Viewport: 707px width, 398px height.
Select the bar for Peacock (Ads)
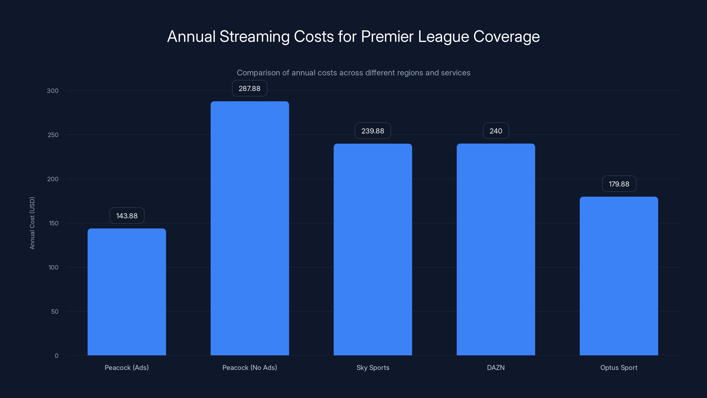click(127, 292)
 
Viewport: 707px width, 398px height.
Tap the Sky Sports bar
click(373, 249)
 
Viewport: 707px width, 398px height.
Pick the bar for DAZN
click(496, 249)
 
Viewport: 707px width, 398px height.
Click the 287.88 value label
click(249, 88)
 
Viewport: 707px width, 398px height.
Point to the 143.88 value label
click(127, 216)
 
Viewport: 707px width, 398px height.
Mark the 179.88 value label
click(619, 184)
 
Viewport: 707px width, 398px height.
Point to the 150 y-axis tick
click(53, 223)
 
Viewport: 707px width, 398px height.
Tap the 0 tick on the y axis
click(57, 356)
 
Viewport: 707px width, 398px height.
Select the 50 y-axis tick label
click(55, 312)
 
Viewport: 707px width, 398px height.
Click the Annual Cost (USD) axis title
click(32, 223)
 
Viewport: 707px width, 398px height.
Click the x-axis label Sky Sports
click(373, 367)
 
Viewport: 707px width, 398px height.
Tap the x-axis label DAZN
click(496, 367)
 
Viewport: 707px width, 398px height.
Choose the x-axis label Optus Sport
click(619, 367)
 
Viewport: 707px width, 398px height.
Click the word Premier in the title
click(387, 36)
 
